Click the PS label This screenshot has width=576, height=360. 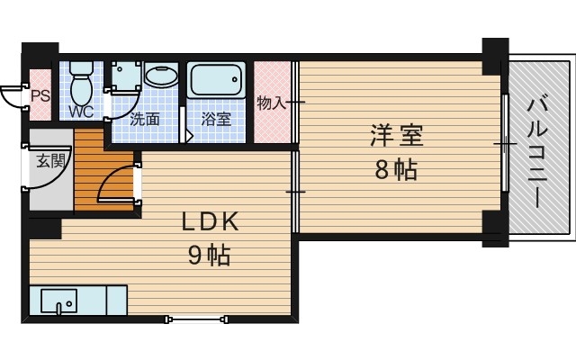click(x=40, y=94)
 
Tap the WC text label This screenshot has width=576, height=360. click(x=81, y=113)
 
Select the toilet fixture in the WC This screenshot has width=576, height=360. click(x=81, y=80)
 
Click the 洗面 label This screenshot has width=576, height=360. click(x=144, y=118)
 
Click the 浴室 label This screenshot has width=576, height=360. click(x=216, y=118)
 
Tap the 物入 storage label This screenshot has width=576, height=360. click(x=270, y=103)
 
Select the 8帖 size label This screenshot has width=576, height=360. click(x=396, y=169)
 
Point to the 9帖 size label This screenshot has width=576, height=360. click(x=209, y=256)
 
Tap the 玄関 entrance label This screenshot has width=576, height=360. click(x=50, y=162)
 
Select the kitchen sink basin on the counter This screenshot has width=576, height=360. click(x=59, y=301)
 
